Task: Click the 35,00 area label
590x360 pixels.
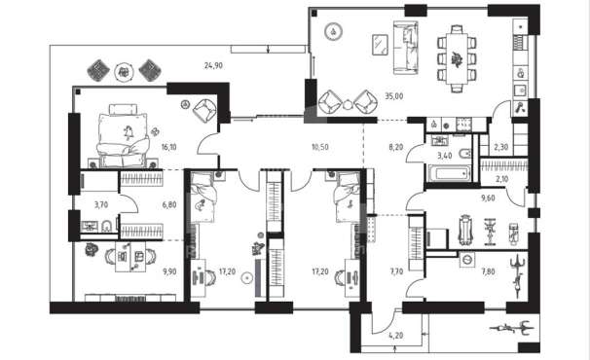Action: point(394,96)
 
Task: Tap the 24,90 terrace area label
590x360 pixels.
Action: point(213,65)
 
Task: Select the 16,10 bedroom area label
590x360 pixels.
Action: point(169,147)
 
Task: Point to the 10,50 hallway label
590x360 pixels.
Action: point(320,147)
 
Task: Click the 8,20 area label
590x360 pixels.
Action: point(396,147)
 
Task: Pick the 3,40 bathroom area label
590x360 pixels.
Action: point(445,156)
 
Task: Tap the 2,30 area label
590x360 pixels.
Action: point(500,147)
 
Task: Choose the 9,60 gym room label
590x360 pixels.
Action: point(488,198)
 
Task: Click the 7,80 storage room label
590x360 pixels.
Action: point(488,271)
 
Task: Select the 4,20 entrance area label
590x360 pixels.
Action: point(396,335)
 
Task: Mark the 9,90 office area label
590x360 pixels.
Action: point(169,271)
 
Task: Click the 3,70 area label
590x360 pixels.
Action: point(101,205)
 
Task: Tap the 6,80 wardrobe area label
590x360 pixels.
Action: point(169,205)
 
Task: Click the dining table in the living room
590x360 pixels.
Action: point(457,58)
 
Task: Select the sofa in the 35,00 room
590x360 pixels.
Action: point(406,48)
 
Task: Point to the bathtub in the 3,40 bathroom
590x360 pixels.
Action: point(448,174)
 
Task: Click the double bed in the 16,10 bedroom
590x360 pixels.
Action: point(123,136)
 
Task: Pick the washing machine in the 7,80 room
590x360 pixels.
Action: point(467,260)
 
